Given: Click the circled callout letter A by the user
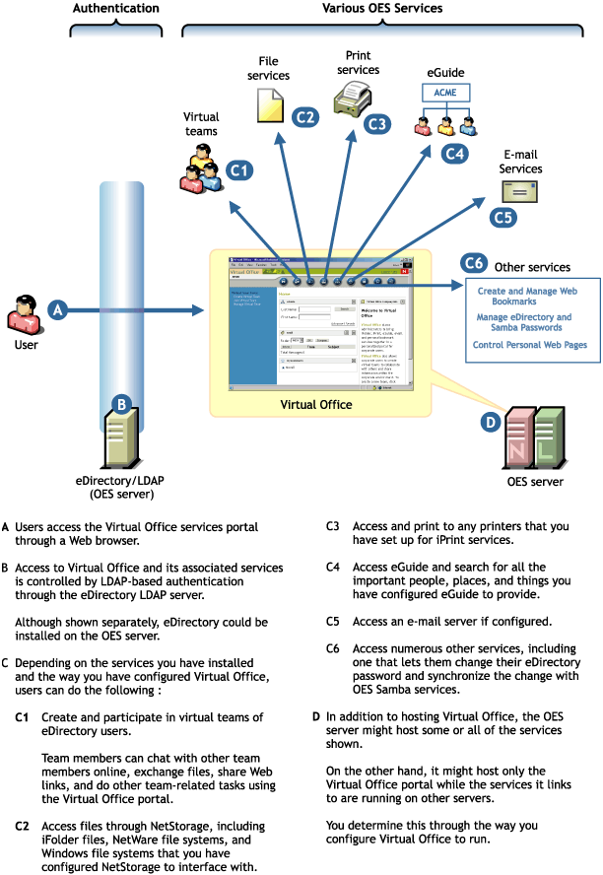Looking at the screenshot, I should click(58, 309).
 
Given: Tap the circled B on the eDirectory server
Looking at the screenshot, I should click(120, 403).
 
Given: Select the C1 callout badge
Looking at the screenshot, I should click(239, 170).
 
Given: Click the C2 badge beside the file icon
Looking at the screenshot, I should click(305, 116).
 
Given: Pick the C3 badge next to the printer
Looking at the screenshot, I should click(376, 124).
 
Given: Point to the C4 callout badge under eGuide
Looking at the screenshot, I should click(454, 154).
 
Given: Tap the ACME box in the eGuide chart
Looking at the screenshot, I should click(445, 92).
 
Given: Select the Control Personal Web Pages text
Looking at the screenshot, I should click(529, 345).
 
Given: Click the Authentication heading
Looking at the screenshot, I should click(116, 8).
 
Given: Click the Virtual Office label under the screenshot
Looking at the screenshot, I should click(315, 404).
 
